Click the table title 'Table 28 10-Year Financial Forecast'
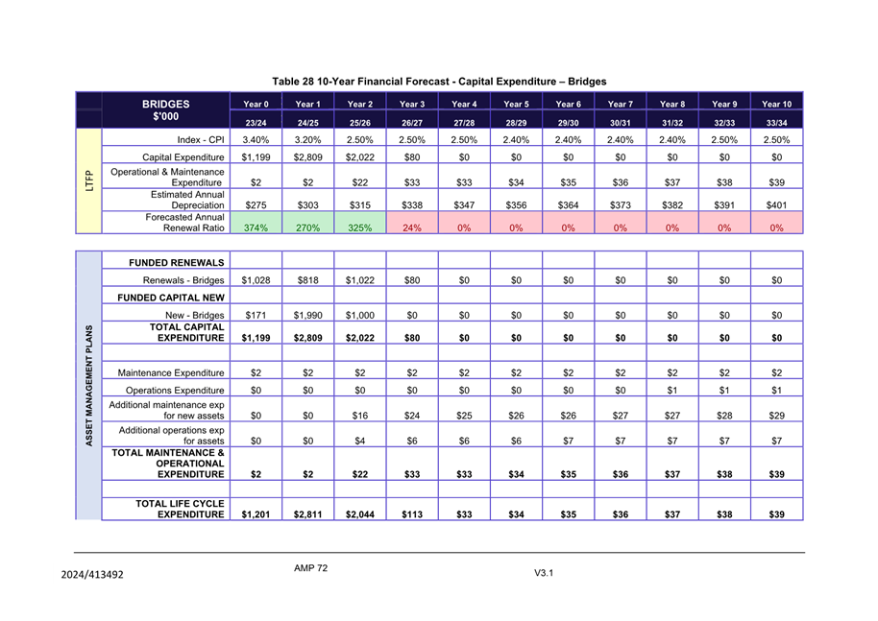point(439,82)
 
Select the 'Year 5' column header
point(516,104)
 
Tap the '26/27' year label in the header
point(412,123)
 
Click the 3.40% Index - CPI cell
point(256,140)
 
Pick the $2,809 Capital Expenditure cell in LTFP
point(307,157)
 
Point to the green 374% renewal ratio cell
point(256,227)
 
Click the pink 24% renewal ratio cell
point(412,227)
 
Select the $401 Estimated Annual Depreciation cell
point(776,204)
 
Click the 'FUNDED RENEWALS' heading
point(171,262)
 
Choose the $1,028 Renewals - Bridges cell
point(256,280)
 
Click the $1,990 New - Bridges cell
point(307,316)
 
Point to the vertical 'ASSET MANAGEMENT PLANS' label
point(88,385)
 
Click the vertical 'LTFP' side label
point(88,181)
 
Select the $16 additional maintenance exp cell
point(359,416)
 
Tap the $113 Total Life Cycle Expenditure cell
point(412,514)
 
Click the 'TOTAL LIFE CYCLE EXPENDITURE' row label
point(180,509)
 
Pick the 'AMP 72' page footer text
point(311,568)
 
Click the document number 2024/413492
point(91,575)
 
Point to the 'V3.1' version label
point(544,574)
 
